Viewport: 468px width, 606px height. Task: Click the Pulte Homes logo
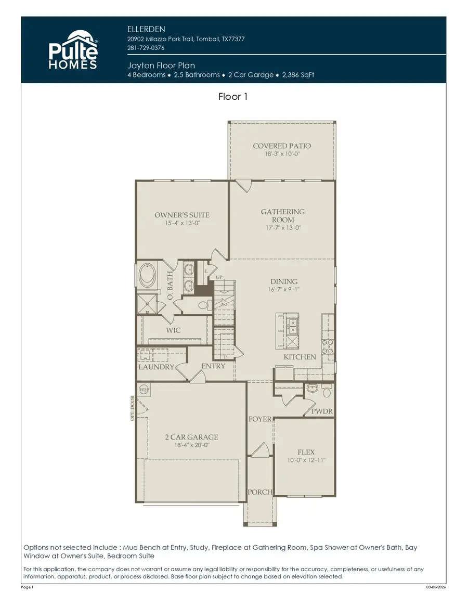(73, 50)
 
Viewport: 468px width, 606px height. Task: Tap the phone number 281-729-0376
(146, 48)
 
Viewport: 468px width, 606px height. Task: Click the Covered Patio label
(282, 146)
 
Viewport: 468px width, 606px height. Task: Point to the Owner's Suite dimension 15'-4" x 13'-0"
(182, 223)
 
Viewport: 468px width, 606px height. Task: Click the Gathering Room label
(282, 215)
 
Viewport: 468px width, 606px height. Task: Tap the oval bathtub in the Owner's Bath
(148, 277)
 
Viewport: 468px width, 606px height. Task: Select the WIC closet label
(173, 330)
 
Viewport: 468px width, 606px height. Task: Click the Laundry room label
(156, 367)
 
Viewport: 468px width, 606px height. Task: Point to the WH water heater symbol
(144, 389)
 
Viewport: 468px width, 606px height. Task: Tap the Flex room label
(306, 452)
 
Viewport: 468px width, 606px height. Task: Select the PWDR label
(322, 411)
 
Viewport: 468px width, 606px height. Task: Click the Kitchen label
(300, 357)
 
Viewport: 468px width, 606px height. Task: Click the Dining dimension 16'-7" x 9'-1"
(283, 290)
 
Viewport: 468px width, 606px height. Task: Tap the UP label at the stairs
(219, 278)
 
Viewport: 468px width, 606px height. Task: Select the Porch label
(259, 492)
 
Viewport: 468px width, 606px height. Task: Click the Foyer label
(259, 419)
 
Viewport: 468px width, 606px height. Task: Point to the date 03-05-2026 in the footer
(436, 587)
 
